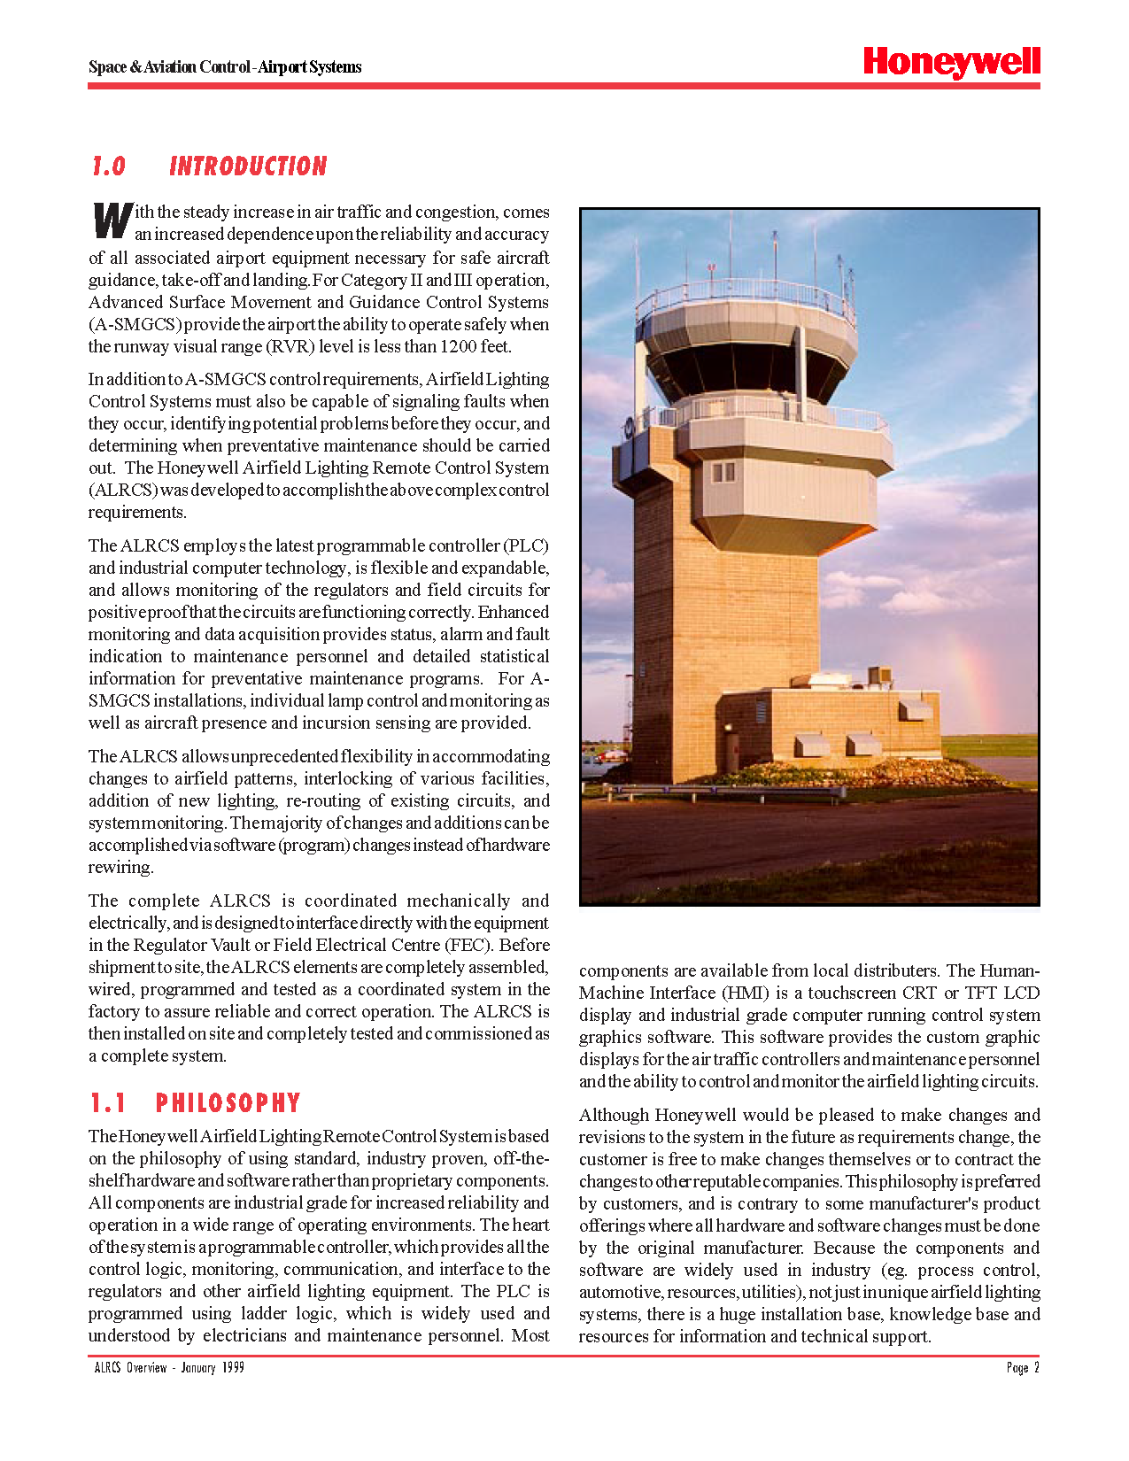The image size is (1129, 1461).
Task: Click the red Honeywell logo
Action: [951, 62]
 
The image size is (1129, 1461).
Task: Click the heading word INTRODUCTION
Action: [248, 166]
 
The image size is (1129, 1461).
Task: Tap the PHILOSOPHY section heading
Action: [228, 1103]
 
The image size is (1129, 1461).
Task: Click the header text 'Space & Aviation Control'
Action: [168, 67]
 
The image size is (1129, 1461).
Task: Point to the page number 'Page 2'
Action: [1023, 1368]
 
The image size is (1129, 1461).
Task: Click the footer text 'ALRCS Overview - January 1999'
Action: [169, 1368]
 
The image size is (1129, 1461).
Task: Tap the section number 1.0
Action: [109, 166]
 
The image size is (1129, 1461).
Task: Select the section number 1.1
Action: [108, 1103]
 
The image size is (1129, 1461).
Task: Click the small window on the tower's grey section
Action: [723, 472]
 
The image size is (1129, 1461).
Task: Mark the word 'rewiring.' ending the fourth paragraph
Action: [120, 867]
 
